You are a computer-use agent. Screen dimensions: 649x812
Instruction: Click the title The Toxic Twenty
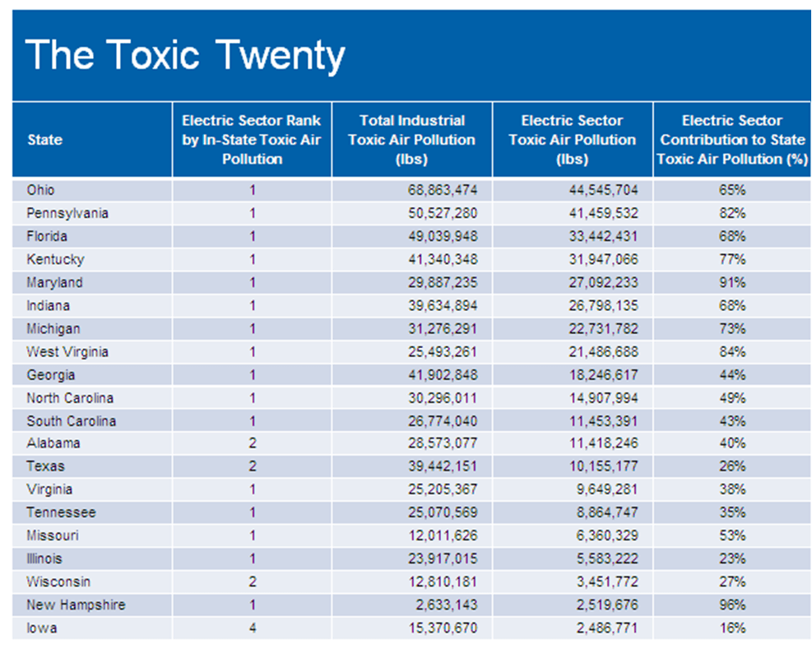click(185, 56)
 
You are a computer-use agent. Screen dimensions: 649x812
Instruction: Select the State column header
click(44, 140)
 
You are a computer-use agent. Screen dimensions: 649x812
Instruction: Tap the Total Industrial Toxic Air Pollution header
click(411, 140)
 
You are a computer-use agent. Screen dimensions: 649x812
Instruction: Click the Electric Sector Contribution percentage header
click(732, 140)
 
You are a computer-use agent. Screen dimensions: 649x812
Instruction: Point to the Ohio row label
click(41, 190)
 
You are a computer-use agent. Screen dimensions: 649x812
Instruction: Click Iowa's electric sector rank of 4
click(253, 628)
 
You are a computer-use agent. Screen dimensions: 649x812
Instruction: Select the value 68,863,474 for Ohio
click(443, 190)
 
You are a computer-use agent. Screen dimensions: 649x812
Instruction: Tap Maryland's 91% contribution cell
click(731, 282)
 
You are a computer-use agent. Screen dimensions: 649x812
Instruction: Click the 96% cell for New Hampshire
click(731, 605)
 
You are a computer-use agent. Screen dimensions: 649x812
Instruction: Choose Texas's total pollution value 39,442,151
click(443, 466)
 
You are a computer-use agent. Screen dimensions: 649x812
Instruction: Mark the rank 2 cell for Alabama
click(253, 443)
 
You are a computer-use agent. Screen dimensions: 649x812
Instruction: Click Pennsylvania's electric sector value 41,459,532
click(603, 213)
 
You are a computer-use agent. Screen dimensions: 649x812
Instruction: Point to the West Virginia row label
click(67, 351)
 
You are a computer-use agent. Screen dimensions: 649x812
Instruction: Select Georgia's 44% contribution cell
click(731, 374)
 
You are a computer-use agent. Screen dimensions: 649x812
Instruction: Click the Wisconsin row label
click(58, 582)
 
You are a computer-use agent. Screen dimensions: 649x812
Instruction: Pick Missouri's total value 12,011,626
click(443, 535)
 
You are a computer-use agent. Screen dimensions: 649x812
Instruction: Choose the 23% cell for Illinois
click(731, 559)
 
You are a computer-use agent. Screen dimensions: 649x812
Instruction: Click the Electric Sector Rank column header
click(252, 140)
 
